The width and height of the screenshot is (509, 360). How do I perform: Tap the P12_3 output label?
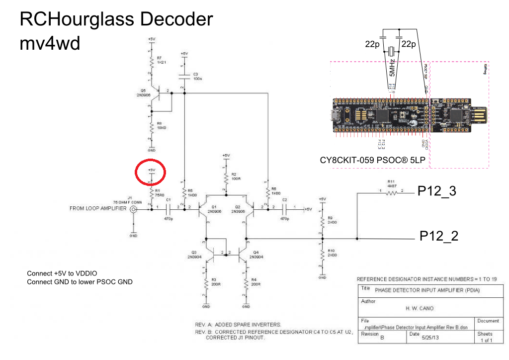[437, 191]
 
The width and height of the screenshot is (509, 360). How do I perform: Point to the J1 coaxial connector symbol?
[133, 210]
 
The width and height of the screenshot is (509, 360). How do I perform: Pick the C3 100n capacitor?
[184, 77]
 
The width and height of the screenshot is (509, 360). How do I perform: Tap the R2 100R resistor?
[226, 178]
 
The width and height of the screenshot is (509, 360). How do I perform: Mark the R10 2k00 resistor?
[322, 255]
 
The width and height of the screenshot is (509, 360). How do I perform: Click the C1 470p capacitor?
[169, 210]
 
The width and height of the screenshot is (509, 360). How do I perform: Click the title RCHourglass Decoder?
[116, 20]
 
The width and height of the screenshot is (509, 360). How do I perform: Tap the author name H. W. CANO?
[420, 308]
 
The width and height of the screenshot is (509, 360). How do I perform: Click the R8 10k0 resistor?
[151, 127]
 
